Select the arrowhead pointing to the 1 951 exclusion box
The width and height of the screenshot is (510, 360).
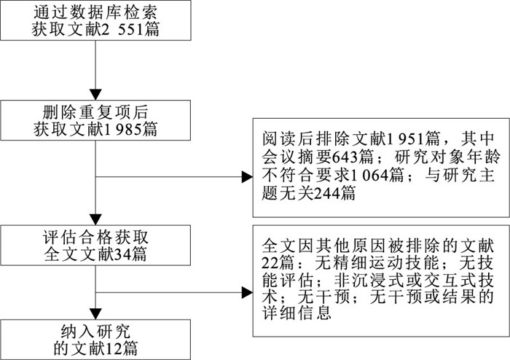[245, 176]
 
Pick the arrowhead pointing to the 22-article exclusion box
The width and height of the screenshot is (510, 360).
[245, 291]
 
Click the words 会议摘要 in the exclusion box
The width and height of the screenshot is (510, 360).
[288, 156]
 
